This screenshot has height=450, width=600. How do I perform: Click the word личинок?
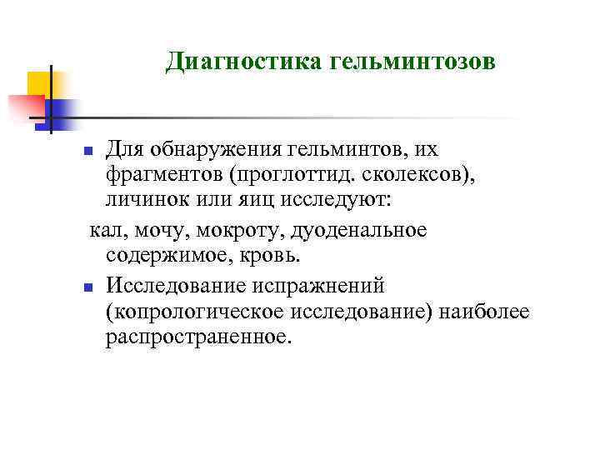pos(141,202)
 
